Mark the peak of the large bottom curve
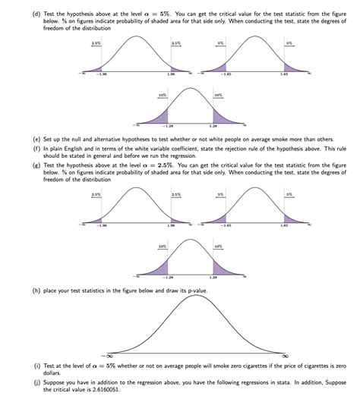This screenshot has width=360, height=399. tap(197, 296)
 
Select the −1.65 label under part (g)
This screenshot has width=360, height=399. tap(226, 226)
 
